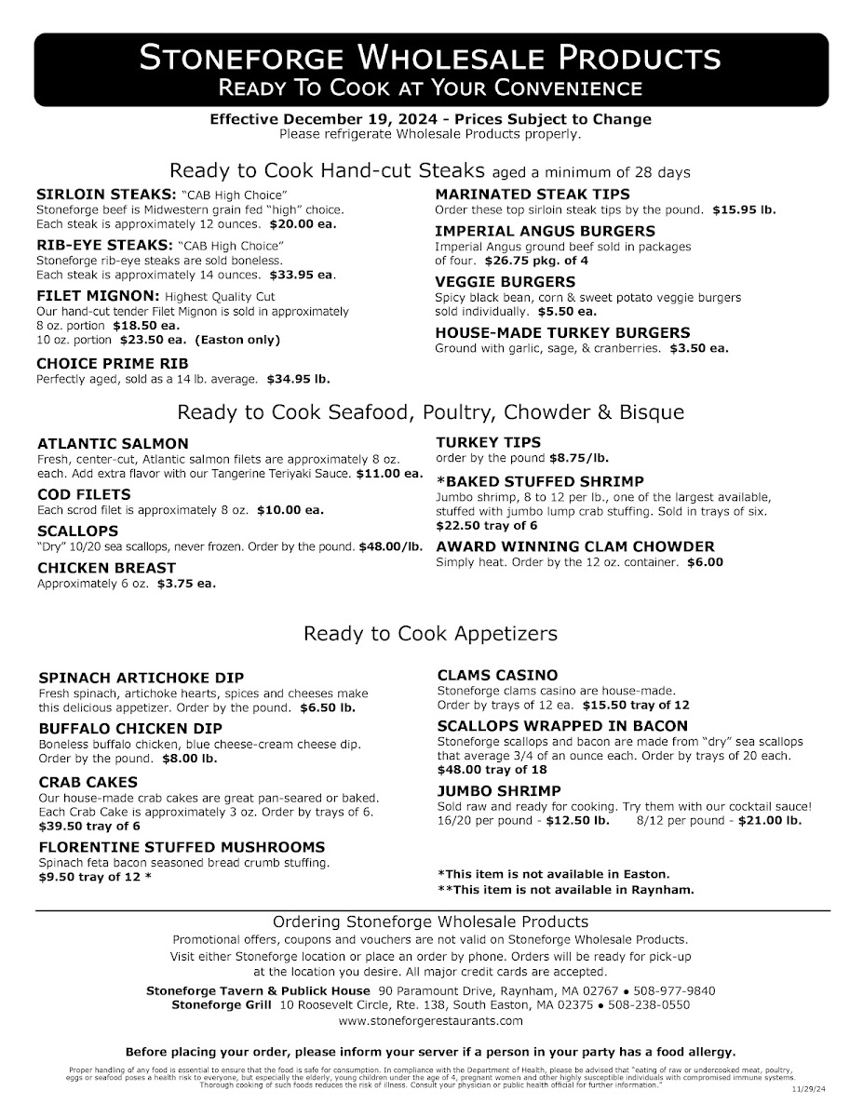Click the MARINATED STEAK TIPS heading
533,194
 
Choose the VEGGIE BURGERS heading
506,281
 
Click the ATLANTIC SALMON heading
113,443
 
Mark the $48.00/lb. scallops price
391,545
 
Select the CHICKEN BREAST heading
106,567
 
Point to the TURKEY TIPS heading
488,442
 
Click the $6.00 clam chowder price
705,562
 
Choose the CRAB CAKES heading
88,782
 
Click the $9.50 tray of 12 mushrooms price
94,877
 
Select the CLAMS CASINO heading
497,675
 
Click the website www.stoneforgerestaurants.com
431,1021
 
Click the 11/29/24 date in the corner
809,1088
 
